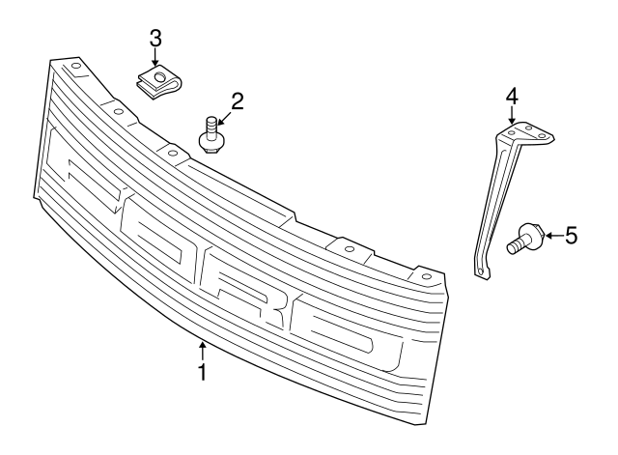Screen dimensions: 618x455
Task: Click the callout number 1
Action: pos(202,372)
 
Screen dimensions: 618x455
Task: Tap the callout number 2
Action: pos(238,101)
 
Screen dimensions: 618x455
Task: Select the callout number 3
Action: pos(155,39)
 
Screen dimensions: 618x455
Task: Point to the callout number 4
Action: pos(512,97)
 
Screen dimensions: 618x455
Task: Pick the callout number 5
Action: pos(571,236)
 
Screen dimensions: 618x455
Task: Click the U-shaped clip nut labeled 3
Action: pos(160,83)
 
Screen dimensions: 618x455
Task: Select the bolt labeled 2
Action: pos(211,135)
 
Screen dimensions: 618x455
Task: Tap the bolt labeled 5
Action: pos(524,239)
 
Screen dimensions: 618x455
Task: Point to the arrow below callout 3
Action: pos(155,57)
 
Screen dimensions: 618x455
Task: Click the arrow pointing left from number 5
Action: pos(553,236)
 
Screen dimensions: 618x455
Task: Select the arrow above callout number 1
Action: pos(202,351)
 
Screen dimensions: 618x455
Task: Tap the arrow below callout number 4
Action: pos(512,115)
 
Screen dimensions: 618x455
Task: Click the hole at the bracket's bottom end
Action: pos(480,270)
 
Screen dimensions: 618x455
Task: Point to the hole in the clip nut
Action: pos(158,76)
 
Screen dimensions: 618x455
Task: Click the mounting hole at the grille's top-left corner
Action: pos(76,66)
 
